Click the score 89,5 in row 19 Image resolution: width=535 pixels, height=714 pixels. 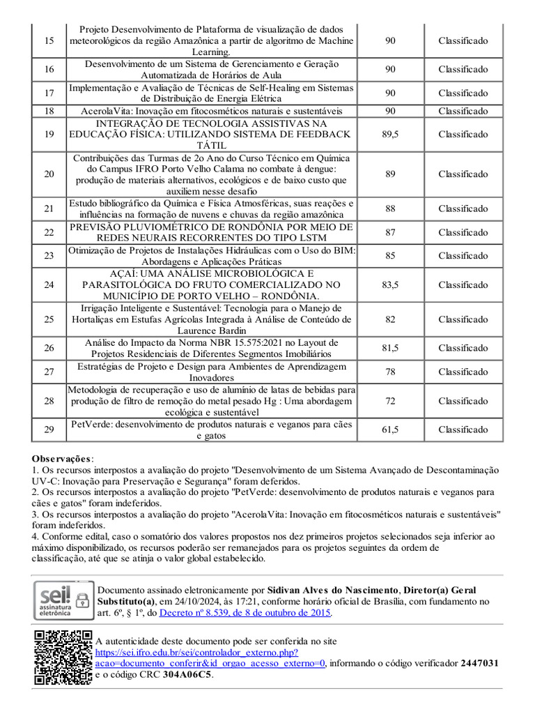[390, 135]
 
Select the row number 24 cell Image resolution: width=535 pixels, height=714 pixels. [49, 285]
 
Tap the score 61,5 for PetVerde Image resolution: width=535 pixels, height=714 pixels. [390, 430]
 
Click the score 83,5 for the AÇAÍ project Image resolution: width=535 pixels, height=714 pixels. [390, 285]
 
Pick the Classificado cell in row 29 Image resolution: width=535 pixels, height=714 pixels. [463, 430]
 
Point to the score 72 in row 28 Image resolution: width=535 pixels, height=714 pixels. [390, 401]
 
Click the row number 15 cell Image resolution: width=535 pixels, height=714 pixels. [49, 41]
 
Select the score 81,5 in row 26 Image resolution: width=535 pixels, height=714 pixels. [390, 348]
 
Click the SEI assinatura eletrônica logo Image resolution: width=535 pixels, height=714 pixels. [63, 600]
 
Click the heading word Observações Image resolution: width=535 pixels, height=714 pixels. [61, 459]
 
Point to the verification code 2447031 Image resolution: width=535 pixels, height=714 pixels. [480, 663]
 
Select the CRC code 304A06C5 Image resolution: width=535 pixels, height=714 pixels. [187, 675]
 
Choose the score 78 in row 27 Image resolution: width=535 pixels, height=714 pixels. [390, 372]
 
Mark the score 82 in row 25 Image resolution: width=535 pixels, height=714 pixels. [390, 319]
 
